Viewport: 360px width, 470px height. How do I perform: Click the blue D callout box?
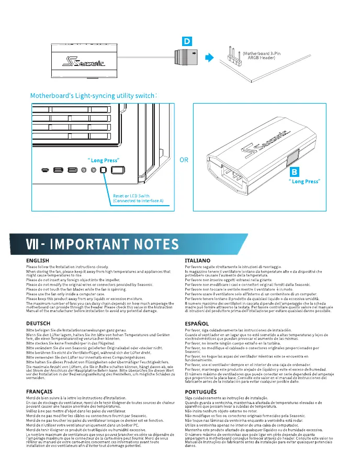(186, 40)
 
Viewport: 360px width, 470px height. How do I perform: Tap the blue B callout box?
(296, 172)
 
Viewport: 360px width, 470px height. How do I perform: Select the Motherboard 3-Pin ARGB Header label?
(261, 55)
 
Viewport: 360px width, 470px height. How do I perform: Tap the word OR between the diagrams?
(184, 160)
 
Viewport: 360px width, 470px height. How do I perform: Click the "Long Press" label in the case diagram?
(104, 160)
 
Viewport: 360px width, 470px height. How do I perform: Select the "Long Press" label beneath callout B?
(305, 182)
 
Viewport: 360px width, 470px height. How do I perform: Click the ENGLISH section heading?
(37, 260)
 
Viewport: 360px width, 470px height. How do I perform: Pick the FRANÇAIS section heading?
(39, 406)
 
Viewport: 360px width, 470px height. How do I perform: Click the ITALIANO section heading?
(198, 260)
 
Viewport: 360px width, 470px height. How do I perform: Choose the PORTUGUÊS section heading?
(201, 406)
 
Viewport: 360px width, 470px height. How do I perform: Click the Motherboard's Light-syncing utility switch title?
(93, 96)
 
